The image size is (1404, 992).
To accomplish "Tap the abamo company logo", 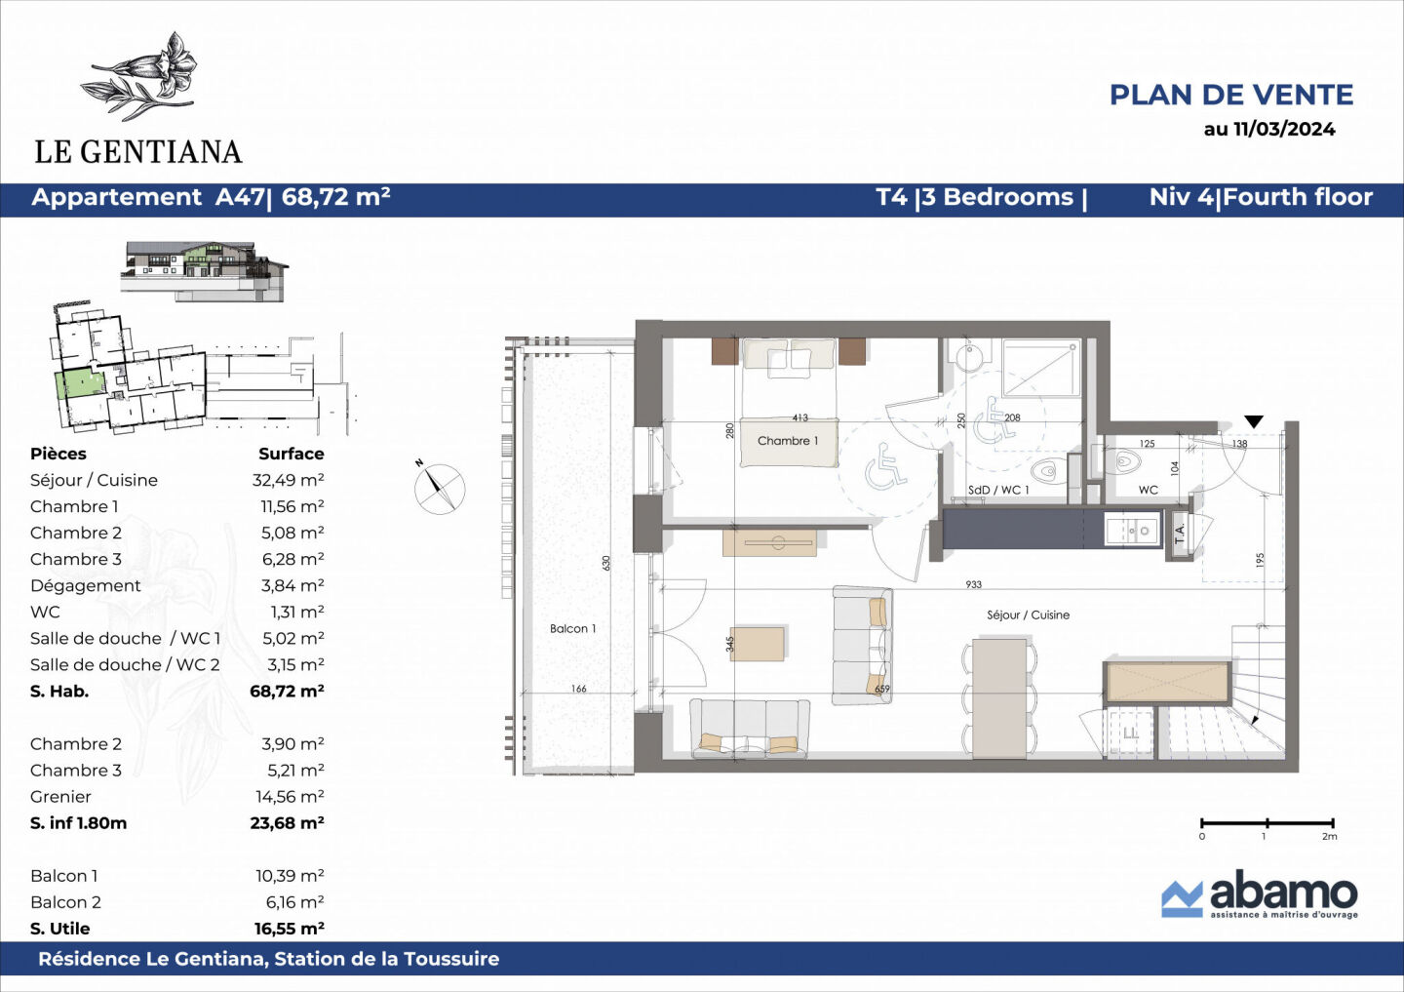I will coord(1259,894).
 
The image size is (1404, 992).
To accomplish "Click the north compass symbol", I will coord(439,488).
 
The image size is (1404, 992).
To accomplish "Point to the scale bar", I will coord(1267,824).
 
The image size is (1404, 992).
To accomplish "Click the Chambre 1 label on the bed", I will coord(788,441).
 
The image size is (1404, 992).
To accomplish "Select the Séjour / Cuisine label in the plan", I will coord(1028,615).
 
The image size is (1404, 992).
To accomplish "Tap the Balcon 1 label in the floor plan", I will coord(572,629).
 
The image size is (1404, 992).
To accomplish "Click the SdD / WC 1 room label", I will coord(997,490).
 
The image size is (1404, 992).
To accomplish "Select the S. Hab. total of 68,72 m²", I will coord(287,691).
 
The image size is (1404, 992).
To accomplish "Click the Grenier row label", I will coord(60,797).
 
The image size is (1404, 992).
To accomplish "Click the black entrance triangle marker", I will coord(1254,421).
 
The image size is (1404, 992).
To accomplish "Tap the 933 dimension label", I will coord(973,584).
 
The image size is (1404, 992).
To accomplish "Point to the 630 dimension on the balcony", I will coord(605,563).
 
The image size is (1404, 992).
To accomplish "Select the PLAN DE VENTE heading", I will coord(1230,95).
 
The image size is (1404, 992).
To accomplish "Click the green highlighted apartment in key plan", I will coord(78,384).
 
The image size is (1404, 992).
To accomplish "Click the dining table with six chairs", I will coord(999,696).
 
